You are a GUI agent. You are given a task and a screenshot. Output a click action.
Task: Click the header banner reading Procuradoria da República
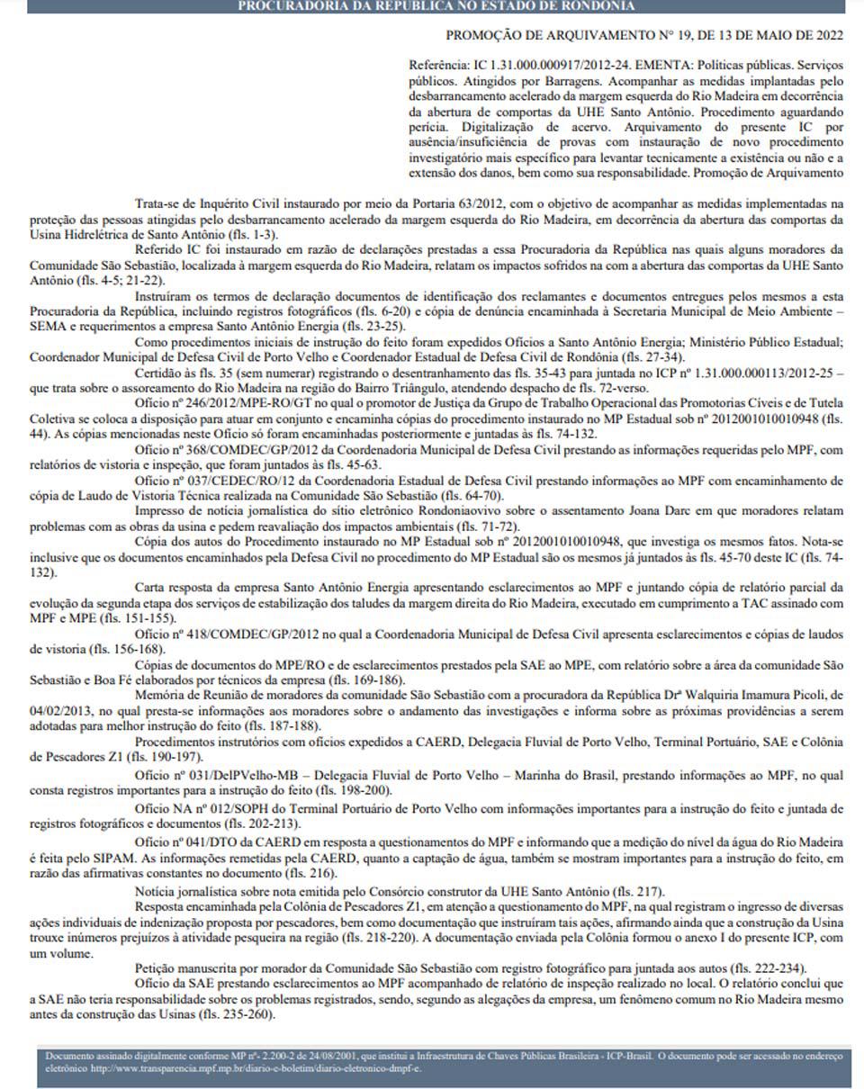tap(436, 6)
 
